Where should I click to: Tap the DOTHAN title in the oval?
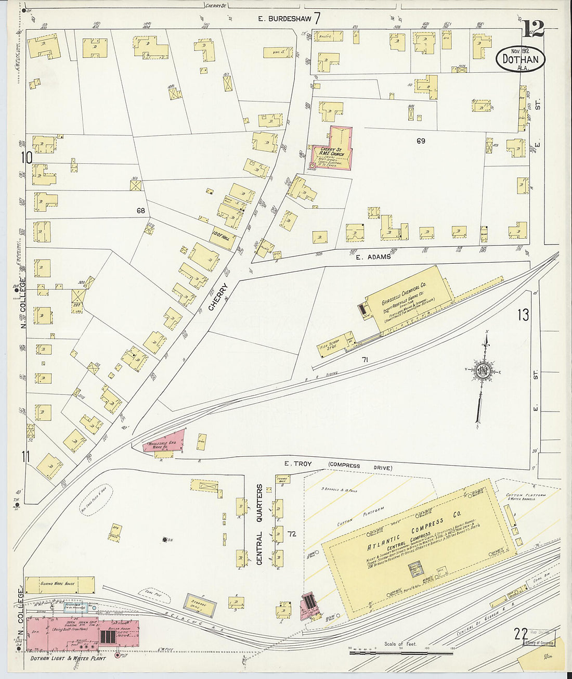tap(521, 59)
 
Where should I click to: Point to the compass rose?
tap(482, 370)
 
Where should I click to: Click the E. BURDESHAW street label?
tap(285, 19)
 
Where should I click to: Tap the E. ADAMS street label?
tap(373, 257)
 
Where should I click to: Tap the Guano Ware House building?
tap(60, 584)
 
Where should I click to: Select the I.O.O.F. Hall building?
tap(223, 238)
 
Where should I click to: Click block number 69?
tap(421, 140)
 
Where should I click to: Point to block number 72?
tap(292, 534)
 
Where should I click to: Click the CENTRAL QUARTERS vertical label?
tap(259, 524)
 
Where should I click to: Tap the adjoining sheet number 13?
tap(523, 315)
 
